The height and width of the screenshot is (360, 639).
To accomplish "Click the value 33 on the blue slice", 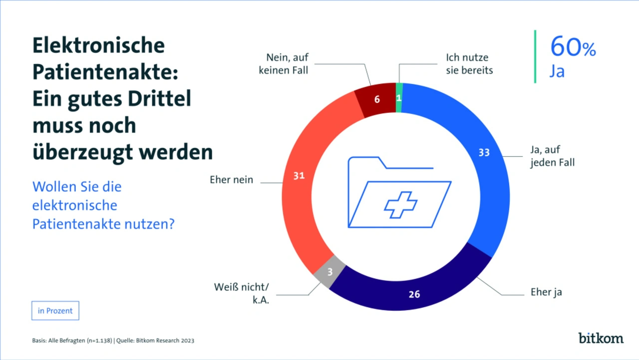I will click(x=484, y=153).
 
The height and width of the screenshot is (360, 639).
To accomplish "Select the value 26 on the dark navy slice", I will click(x=414, y=294).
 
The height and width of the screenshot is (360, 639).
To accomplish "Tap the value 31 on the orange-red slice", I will click(x=299, y=176).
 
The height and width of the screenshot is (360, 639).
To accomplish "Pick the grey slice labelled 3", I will click(x=330, y=272).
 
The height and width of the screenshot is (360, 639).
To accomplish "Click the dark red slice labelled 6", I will click(x=376, y=99).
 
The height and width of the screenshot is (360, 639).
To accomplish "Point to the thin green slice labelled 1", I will click(x=399, y=98).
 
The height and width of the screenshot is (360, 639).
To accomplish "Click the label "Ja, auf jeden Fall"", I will click(x=552, y=155).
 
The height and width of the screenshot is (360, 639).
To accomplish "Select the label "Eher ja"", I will click(x=546, y=292).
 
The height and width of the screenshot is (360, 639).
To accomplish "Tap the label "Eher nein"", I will click(x=231, y=180).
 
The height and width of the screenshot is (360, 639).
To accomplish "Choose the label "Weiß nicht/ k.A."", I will click(x=242, y=294).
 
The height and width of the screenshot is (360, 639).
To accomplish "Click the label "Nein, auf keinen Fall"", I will click(x=283, y=64).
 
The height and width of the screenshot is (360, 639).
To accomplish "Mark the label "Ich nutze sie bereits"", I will click(x=469, y=64).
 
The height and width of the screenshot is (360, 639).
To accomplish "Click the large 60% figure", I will click(x=573, y=47).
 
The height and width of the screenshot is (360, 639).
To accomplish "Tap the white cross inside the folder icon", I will click(x=400, y=205).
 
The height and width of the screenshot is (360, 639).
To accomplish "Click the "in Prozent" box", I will click(x=55, y=311).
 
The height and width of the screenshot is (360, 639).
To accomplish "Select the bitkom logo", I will click(x=601, y=338).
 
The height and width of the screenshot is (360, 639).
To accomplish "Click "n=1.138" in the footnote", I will click(x=98, y=341).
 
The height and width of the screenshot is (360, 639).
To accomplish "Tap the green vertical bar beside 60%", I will click(x=535, y=56).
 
